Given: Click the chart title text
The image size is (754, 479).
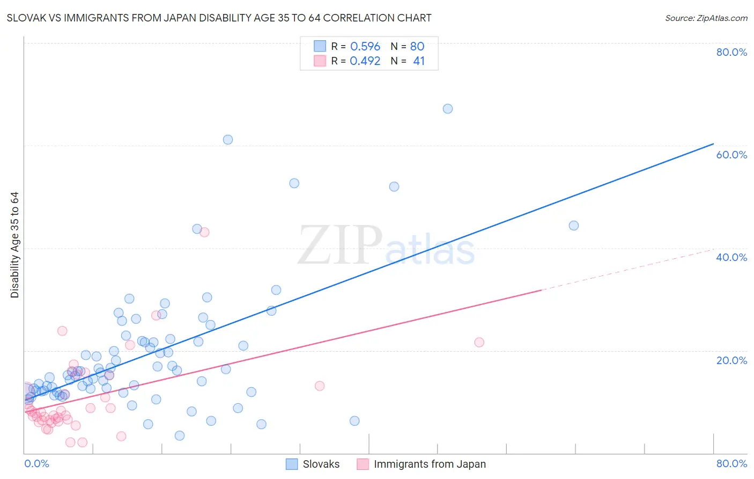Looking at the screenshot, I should (219, 18).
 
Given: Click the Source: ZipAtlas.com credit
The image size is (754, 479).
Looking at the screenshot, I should (706, 18).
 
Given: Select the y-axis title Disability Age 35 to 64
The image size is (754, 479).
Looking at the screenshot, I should (14, 245).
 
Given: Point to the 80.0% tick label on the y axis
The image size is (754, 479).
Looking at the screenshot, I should (731, 52).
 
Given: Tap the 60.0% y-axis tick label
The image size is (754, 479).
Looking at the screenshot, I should (731, 155).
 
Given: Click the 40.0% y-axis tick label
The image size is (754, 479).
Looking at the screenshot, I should (731, 257).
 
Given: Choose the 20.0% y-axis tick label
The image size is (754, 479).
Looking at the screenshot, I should (731, 360).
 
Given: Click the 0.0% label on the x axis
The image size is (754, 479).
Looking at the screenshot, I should (36, 463).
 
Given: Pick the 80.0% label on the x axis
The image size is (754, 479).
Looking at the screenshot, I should (731, 463).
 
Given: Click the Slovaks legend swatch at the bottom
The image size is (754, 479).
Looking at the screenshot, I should (292, 464).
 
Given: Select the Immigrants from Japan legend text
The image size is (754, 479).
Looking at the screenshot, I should (430, 464).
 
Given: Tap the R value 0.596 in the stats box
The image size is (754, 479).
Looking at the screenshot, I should (365, 47).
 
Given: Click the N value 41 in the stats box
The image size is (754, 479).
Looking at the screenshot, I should (419, 61).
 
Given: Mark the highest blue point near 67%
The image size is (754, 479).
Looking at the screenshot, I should (448, 109).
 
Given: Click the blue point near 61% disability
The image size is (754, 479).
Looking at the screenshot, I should (228, 140).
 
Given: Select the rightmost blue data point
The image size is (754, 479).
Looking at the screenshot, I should (574, 226).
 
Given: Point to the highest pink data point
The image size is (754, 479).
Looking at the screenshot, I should (204, 233).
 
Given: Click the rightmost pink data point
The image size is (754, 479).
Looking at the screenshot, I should (479, 343).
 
